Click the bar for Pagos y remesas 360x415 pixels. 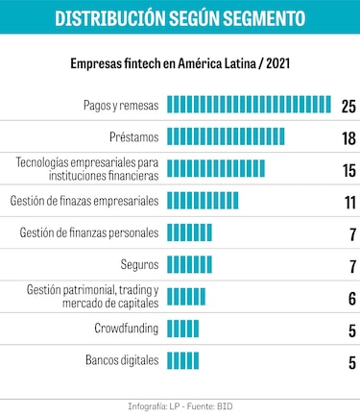[249, 104]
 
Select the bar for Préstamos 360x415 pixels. [226, 136]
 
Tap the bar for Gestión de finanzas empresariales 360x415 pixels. [203, 201]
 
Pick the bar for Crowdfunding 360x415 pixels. [183, 330]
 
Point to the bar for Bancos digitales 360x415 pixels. [183, 361]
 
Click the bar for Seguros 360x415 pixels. [189, 264]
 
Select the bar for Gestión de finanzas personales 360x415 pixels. [189, 232]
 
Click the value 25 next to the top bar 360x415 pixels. [348, 106]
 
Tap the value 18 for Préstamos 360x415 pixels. [348, 138]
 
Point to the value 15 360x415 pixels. [348, 170]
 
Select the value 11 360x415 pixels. [348, 203]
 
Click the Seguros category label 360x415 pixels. [139, 264]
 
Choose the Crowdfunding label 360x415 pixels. [127, 329]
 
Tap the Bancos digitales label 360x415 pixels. [121, 361]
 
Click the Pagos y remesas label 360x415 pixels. [120, 104]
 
